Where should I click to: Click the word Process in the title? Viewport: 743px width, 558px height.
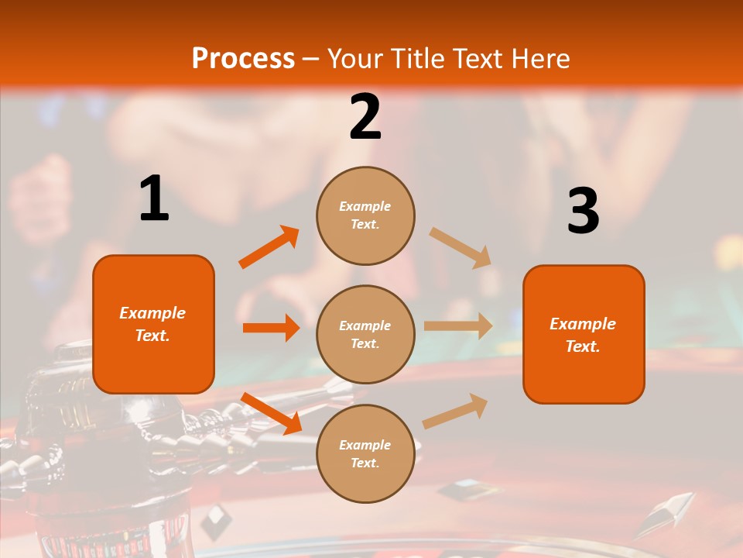pyautogui.click(x=243, y=58)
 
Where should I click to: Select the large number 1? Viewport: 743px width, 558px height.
pyautogui.click(x=154, y=199)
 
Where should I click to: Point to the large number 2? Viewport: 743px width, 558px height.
pyautogui.click(x=365, y=117)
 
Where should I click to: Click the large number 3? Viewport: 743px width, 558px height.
pyautogui.click(x=583, y=211)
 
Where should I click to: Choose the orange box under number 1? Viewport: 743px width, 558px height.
pyautogui.click(x=153, y=324)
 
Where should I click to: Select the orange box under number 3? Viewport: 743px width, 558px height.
pyautogui.click(x=584, y=335)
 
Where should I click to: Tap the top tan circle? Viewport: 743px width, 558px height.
pyautogui.click(x=365, y=215)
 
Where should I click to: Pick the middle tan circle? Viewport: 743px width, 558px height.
pyautogui.click(x=365, y=334)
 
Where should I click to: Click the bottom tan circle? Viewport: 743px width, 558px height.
pyautogui.click(x=365, y=453)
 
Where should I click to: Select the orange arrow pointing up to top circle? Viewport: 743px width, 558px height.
pyautogui.click(x=269, y=247)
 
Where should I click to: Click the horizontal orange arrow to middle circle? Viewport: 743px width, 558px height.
pyautogui.click(x=271, y=328)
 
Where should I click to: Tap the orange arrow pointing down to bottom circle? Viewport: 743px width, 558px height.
pyautogui.click(x=271, y=413)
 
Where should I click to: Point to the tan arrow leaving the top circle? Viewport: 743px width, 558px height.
pyautogui.click(x=461, y=247)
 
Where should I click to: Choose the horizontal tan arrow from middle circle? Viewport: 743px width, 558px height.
pyautogui.click(x=458, y=326)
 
